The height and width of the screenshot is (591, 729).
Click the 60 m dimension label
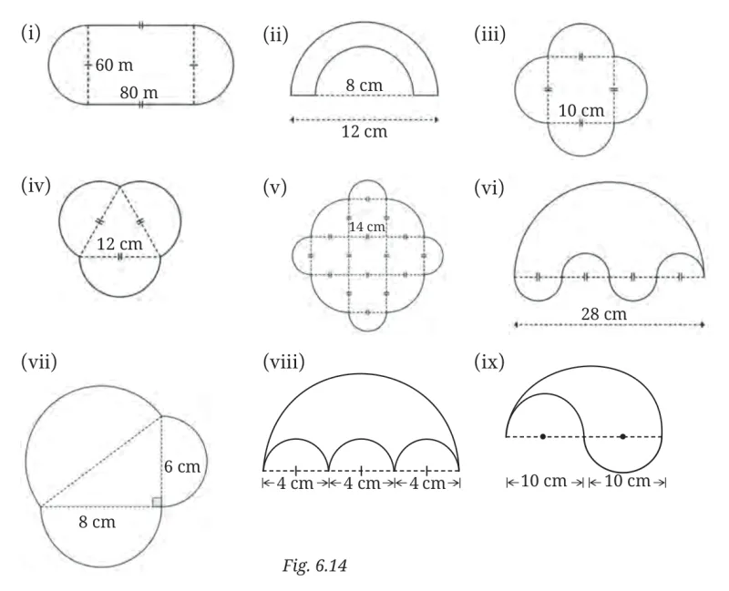pyautogui.click(x=114, y=65)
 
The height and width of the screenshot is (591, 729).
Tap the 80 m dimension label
pyautogui.click(x=139, y=93)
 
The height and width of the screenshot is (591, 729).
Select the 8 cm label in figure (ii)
pyautogui.click(x=364, y=85)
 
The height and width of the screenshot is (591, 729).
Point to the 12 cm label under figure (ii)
pyautogui.click(x=364, y=131)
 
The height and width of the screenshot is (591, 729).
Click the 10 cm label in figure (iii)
pyautogui.click(x=581, y=110)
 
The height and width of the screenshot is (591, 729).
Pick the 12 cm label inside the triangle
pyautogui.click(x=119, y=244)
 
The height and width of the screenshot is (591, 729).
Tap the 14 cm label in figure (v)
pyautogui.click(x=367, y=227)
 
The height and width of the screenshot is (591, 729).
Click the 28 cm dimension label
pyautogui.click(x=603, y=313)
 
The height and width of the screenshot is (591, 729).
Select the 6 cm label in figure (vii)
pyautogui.click(x=181, y=466)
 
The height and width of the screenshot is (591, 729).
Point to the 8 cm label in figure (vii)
pyautogui.click(x=97, y=522)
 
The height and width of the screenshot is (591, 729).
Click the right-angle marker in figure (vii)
pyautogui.click(x=157, y=502)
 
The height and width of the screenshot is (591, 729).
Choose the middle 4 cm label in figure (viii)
pyautogui.click(x=362, y=484)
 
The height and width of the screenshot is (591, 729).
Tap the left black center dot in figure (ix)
pyautogui.click(x=543, y=436)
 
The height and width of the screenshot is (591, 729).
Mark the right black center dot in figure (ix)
pyautogui.click(x=623, y=436)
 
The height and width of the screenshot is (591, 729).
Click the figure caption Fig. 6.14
pyautogui.click(x=314, y=566)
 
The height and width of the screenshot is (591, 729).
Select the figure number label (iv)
pyautogui.click(x=36, y=186)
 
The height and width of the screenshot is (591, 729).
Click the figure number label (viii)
pyautogui.click(x=283, y=362)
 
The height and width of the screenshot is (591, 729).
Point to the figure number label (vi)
pyautogui.click(x=489, y=189)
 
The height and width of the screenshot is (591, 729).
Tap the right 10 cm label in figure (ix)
pyautogui.click(x=627, y=481)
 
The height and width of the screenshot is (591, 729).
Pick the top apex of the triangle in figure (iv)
pyautogui.click(x=120, y=186)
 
